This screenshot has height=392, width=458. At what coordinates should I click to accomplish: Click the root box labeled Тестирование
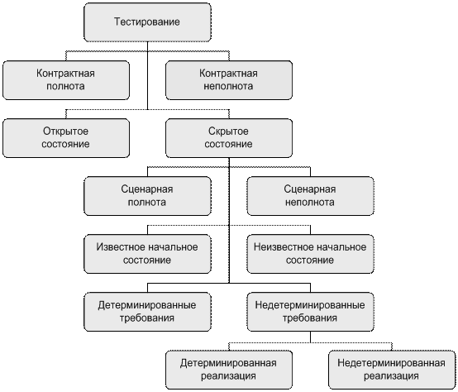tap(147, 22)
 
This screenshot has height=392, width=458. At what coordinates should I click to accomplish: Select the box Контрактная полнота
tap(66, 80)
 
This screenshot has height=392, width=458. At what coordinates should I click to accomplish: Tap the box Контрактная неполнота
tap(229, 80)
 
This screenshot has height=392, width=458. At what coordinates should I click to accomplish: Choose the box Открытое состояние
tap(66, 138)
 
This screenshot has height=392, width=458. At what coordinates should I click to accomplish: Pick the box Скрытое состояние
tap(229, 138)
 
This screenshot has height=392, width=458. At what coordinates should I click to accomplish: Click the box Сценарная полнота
tap(147, 196)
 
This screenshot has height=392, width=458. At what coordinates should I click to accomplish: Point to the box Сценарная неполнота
tap(310, 196)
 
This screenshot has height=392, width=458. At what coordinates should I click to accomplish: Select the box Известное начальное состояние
tap(147, 254)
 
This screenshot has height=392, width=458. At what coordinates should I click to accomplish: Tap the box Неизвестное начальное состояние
tap(310, 254)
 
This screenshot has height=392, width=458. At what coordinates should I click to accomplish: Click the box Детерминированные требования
tap(147, 312)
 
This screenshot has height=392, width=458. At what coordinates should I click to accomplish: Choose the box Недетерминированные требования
tap(310, 312)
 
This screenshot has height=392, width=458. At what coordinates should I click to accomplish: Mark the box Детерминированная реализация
tap(229, 370)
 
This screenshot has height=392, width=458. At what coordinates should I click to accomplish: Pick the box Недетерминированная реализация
tap(392, 370)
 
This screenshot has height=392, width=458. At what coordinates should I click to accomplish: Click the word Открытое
tap(65, 131)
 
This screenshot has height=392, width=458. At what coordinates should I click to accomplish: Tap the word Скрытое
tap(228, 131)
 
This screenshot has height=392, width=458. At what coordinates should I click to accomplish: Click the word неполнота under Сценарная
tap(310, 202)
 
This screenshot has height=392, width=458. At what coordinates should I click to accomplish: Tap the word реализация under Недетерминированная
tap(391, 376)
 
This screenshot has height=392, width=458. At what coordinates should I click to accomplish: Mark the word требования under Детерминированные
tap(147, 318)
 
